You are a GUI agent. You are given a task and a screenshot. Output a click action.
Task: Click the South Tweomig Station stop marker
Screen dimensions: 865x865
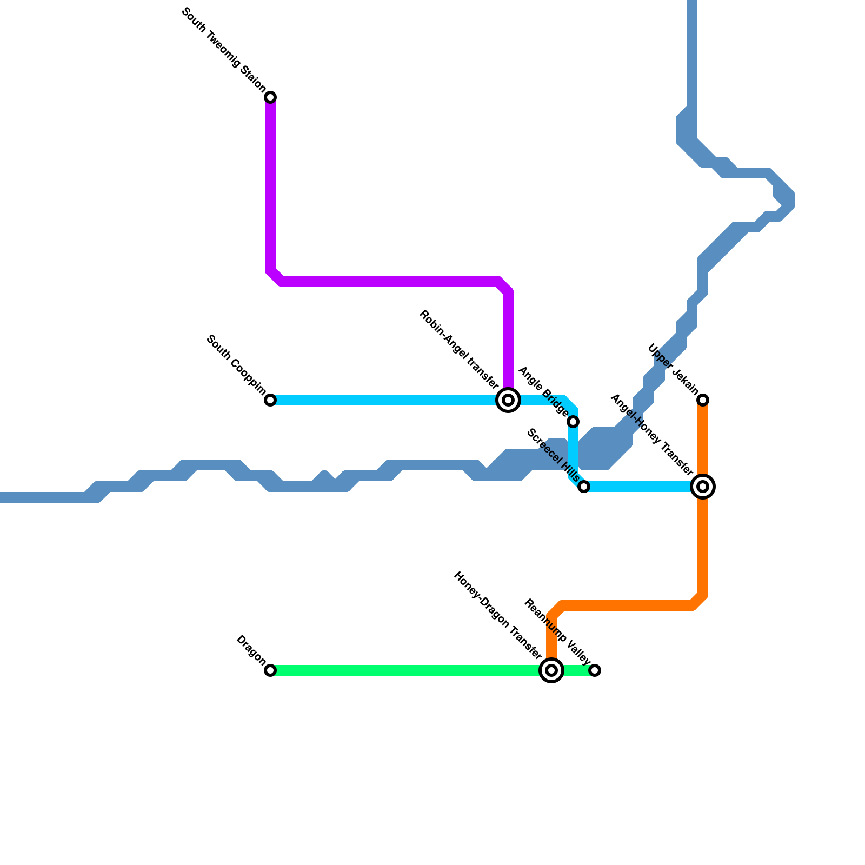click(x=270, y=97)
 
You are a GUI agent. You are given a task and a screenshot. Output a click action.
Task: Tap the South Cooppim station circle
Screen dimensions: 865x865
click(x=270, y=400)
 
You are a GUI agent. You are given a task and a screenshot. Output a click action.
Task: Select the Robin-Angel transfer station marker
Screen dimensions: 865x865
click(x=508, y=400)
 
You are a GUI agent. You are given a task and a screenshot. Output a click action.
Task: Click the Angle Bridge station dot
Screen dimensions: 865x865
click(x=573, y=422)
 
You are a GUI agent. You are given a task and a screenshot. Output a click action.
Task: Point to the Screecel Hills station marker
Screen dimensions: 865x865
click(x=584, y=487)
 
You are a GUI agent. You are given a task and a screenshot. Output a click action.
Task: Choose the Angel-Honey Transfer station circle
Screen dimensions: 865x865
click(x=703, y=487)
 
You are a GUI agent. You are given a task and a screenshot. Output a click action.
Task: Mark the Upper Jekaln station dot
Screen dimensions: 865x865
click(x=703, y=400)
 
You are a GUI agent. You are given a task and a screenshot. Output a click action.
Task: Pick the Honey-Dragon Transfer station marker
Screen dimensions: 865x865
click(x=551, y=670)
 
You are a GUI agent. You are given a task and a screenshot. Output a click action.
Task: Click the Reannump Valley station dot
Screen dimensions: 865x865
click(x=595, y=670)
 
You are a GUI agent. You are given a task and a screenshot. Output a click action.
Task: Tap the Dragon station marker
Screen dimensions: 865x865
click(x=270, y=670)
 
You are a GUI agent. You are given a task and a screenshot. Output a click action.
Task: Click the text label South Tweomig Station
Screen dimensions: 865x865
click(x=224, y=50)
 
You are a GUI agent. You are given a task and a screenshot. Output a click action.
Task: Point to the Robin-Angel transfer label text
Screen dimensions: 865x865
click(x=458, y=349)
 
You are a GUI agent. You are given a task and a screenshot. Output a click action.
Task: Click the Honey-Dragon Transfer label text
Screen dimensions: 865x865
click(x=497, y=615)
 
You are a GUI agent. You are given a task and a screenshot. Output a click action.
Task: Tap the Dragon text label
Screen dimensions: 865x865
click(x=251, y=650)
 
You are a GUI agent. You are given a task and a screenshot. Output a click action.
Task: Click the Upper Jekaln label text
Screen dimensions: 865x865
click(x=674, y=370)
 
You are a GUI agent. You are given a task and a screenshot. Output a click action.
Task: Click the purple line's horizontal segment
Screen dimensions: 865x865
click(x=389, y=281)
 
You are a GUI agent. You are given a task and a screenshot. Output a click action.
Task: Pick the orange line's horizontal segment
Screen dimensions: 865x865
click(x=627, y=605)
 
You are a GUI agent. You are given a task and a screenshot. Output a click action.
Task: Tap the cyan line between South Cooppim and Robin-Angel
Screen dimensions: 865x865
click(x=389, y=400)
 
